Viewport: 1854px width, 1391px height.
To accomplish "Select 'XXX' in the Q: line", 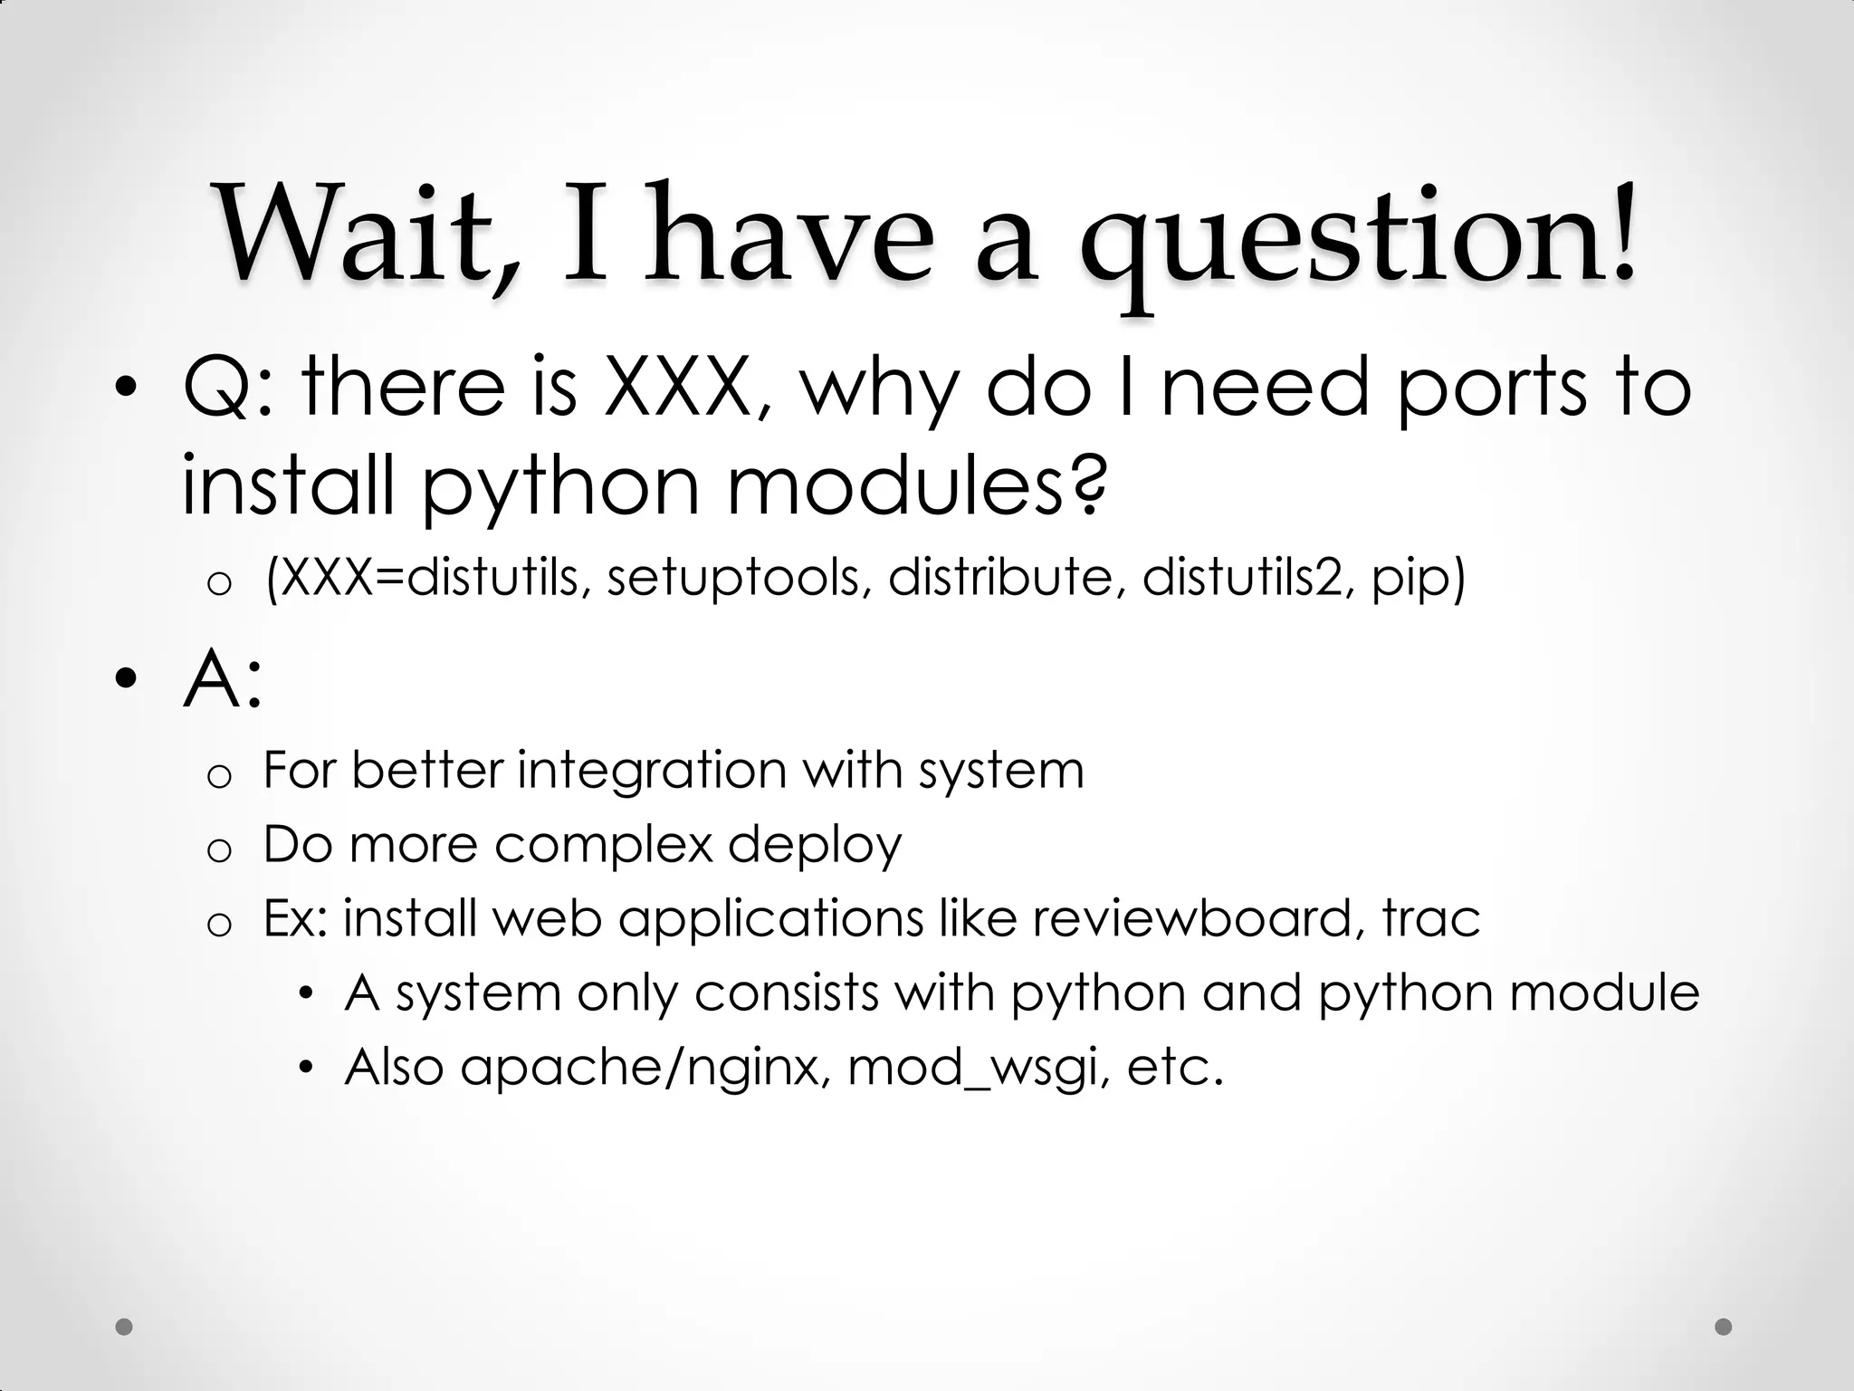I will [x=677, y=388].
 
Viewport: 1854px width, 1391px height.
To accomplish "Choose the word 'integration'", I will [x=652, y=772].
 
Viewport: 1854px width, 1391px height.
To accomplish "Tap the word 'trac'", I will [x=1431, y=918].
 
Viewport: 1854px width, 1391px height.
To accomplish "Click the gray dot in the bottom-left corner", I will [x=125, y=1327].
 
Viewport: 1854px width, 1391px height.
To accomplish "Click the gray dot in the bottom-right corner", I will [x=1724, y=1327].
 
